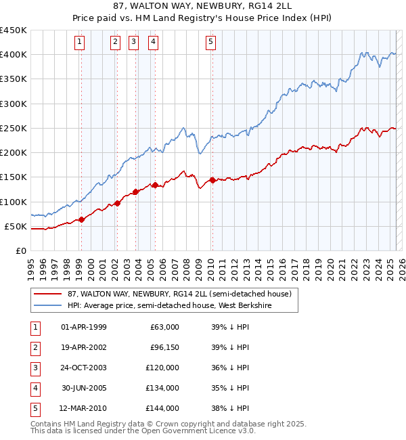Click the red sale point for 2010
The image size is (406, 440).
pyautogui.click(x=212, y=180)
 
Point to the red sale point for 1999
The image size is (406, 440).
pyautogui.click(x=81, y=219)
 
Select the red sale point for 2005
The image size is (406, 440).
pyautogui.click(x=155, y=185)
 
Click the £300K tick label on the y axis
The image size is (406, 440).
pyautogui.click(x=14, y=104)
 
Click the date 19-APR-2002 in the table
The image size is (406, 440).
pyautogui.click(x=84, y=347)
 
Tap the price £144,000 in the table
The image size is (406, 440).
pyautogui.click(x=162, y=408)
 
